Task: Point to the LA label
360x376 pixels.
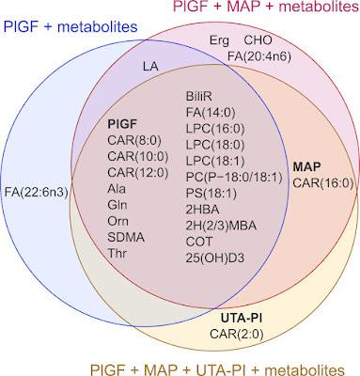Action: (149, 67)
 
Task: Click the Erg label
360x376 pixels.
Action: (218, 42)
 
